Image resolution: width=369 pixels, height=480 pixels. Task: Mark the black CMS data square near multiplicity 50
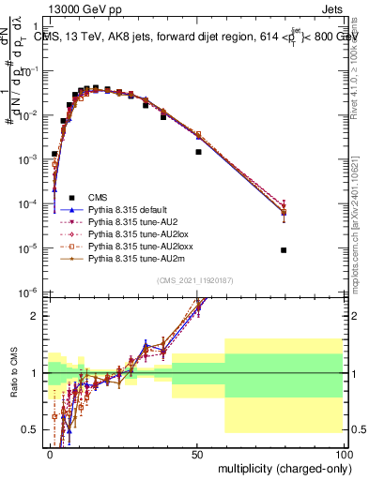point(198,151)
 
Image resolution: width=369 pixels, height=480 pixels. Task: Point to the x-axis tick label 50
point(196,454)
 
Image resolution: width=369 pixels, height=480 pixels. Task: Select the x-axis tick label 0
point(50,454)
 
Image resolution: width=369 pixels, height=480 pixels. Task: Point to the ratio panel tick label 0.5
point(31,429)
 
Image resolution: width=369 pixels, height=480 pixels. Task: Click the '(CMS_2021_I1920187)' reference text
point(194,281)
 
